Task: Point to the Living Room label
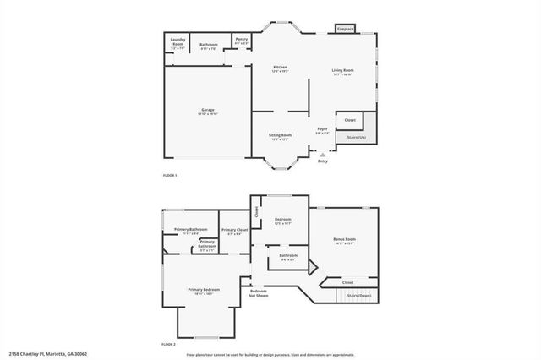click(342, 72)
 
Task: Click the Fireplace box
click(345, 29)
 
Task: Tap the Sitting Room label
click(281, 136)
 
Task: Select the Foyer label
click(322, 130)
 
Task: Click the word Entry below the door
click(322, 161)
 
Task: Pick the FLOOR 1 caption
click(171, 174)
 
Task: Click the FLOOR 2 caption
click(169, 345)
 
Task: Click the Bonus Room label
click(344, 241)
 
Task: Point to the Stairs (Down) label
click(359, 296)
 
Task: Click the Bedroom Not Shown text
click(259, 294)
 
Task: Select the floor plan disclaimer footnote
click(270, 354)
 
